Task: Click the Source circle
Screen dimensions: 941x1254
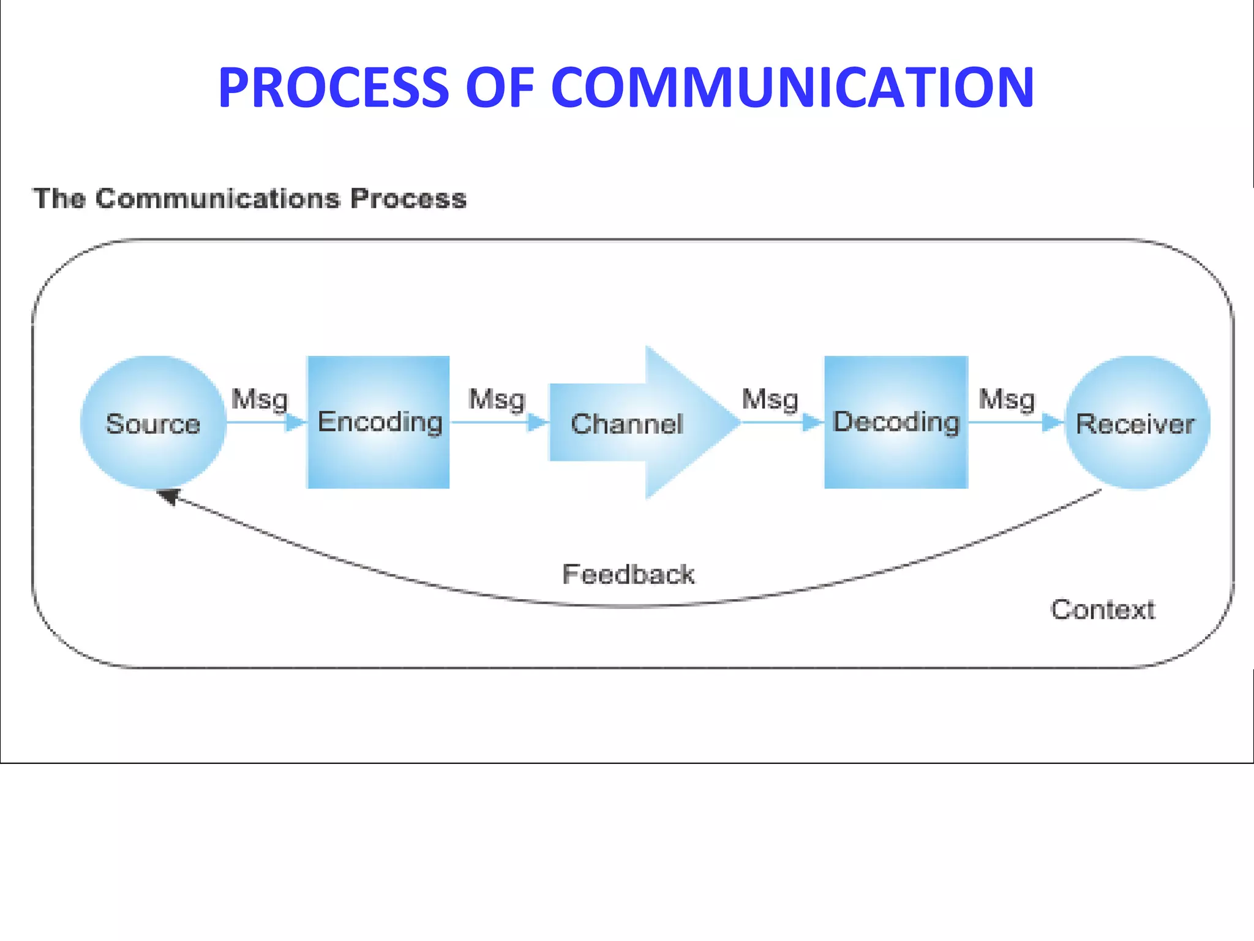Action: click(x=153, y=423)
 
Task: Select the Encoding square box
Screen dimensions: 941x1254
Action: click(x=378, y=422)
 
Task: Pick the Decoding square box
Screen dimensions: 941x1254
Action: click(x=896, y=422)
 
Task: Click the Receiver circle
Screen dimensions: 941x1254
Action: click(x=1136, y=423)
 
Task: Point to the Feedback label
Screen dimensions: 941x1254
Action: click(x=628, y=575)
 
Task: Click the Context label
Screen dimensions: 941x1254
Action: click(x=1103, y=610)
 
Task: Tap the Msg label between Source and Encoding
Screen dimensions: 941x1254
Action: click(x=260, y=400)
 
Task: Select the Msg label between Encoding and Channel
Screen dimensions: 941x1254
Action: click(x=497, y=400)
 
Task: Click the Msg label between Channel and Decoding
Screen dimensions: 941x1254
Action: click(x=770, y=400)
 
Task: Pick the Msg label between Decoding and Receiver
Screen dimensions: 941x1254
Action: click(x=1007, y=400)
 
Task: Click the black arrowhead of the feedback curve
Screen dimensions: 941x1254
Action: click(x=168, y=496)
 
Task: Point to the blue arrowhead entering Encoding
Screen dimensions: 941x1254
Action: click(x=296, y=422)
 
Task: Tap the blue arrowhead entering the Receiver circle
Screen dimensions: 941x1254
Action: click(x=1053, y=422)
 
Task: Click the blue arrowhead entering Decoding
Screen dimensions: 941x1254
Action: click(x=813, y=422)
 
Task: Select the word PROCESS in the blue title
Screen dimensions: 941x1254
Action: click(x=334, y=88)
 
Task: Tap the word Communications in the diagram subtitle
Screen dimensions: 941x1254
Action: click(x=217, y=198)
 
